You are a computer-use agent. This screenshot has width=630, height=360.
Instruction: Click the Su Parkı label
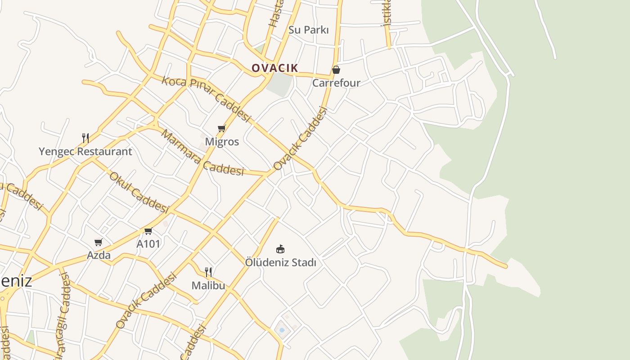point(308,30)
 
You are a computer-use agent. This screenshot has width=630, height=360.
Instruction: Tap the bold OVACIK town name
point(274,68)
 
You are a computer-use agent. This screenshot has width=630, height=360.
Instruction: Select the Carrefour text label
point(336,83)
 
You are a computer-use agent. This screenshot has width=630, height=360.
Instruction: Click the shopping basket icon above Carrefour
point(336,70)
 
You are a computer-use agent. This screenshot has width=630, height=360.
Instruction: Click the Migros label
point(222,142)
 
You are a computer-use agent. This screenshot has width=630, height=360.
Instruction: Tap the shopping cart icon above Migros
point(221,129)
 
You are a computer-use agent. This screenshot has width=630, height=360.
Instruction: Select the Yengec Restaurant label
point(85,152)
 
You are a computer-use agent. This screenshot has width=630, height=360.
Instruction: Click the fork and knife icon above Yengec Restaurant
point(85,138)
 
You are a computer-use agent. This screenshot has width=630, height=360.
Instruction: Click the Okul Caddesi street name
point(139,193)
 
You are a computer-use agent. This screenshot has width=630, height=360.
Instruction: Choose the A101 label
point(148,244)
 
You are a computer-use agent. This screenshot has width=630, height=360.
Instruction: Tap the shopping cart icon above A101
point(148,231)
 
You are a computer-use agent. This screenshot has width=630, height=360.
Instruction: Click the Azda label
point(99,255)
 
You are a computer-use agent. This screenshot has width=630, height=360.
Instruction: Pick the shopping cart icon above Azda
point(98,243)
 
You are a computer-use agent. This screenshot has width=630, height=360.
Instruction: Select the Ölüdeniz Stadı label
point(280,262)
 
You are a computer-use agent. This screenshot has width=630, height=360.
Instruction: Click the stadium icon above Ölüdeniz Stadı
point(280,249)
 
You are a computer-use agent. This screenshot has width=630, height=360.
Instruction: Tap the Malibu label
point(208,285)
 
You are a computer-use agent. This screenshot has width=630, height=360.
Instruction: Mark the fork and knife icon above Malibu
point(208,272)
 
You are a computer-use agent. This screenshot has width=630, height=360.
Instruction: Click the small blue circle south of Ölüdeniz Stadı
point(282,330)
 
